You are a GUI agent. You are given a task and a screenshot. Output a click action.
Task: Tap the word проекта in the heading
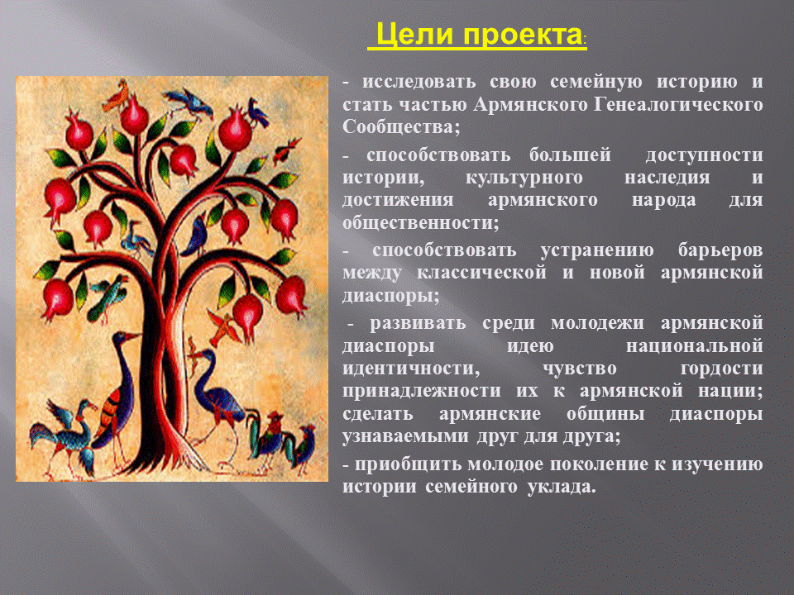coord(522,36)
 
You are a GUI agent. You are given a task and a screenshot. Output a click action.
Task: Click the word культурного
coord(524,178)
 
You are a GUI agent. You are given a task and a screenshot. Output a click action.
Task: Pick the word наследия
coord(667,178)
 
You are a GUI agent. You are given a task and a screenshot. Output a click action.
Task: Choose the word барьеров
coord(720,250)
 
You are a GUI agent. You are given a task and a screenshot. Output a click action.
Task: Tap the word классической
coord(481,273)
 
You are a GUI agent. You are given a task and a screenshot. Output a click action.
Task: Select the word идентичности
coord(411,368)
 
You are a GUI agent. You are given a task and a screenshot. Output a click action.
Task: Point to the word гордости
coord(721,368)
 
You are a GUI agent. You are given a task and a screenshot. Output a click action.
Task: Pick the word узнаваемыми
coord(405,436)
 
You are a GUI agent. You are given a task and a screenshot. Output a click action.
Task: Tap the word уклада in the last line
coord(561,487)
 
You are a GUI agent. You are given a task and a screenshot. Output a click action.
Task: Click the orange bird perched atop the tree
coord(117,95)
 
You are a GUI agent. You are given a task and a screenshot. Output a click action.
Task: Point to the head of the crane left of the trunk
coord(124,337)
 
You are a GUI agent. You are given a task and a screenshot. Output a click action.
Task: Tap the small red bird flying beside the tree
coord(287,150)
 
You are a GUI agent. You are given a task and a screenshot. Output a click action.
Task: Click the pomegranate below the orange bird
coord(134,116)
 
